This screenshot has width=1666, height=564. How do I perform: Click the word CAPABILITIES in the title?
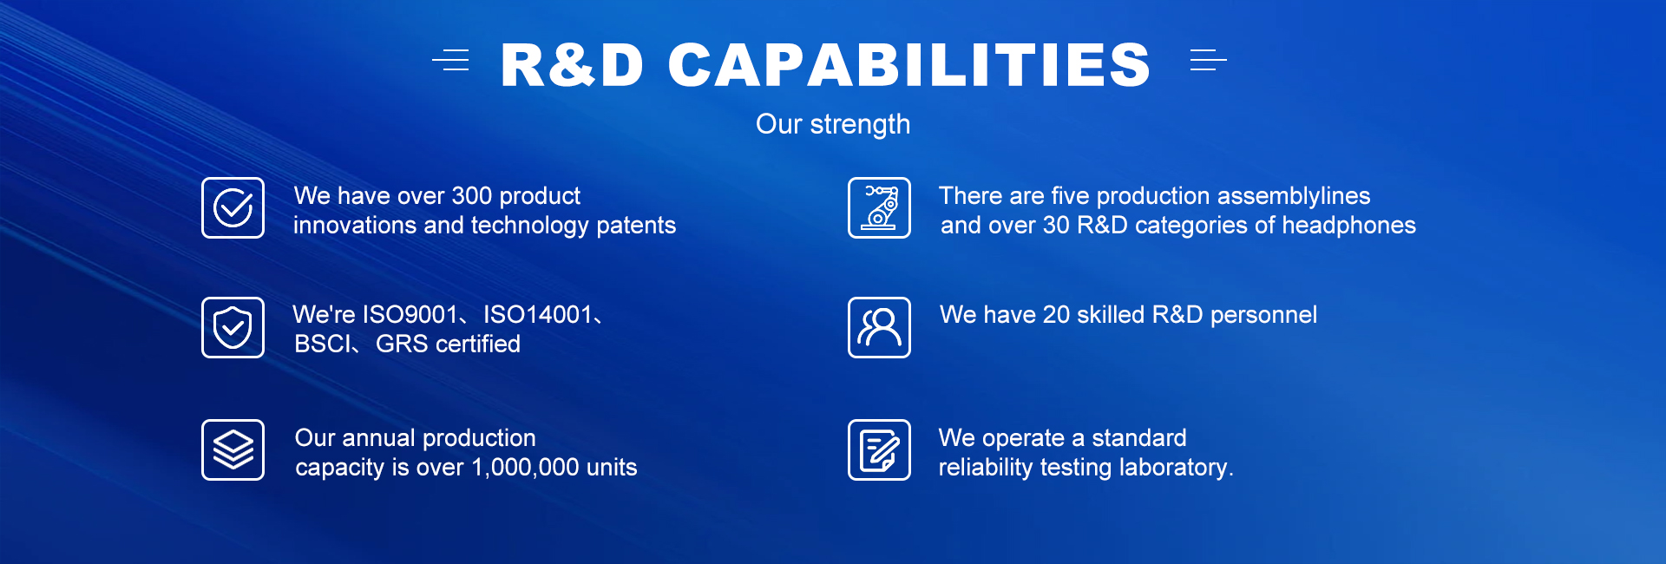909,65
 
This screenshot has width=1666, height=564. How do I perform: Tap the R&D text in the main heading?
573,65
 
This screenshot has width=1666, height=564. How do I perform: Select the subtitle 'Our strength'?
833,124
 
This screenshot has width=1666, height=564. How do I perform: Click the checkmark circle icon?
233,207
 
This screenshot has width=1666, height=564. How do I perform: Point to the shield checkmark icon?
233,327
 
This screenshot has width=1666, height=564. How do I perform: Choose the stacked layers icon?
233,449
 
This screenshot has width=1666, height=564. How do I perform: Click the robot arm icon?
879,207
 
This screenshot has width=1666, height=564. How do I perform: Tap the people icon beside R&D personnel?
879,327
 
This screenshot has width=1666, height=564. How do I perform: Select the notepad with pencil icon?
879,449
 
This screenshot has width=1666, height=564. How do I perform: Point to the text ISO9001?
410,314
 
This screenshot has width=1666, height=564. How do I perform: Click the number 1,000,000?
525,468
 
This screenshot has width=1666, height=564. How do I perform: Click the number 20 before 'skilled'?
1056,315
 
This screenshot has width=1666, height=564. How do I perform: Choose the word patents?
636,226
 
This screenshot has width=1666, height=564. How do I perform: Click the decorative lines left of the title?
451,60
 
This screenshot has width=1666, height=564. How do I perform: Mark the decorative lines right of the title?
1208,60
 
